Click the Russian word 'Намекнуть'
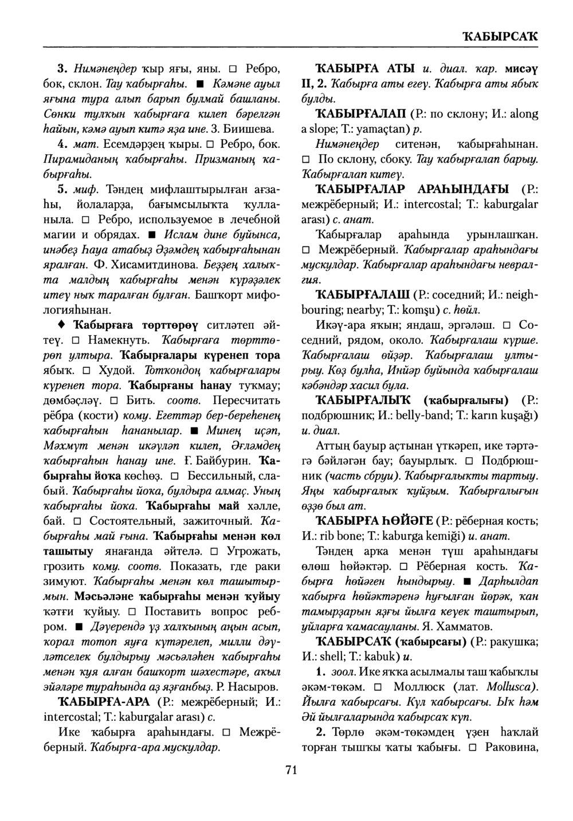[x=119, y=340]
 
